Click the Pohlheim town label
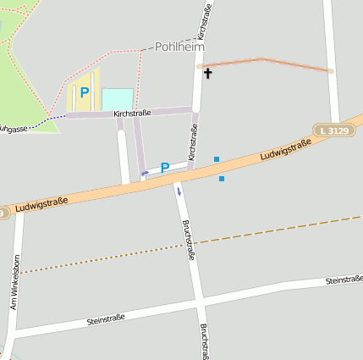click(180, 47)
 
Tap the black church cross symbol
click(208, 74)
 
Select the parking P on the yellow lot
click(84, 92)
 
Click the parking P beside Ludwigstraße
click(165, 168)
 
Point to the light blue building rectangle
click(118, 99)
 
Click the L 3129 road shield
click(336, 130)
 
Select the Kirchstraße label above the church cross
click(204, 21)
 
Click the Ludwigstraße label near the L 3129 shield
click(285, 150)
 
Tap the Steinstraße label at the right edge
click(344, 278)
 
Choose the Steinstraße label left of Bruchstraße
click(106, 318)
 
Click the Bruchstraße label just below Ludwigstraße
click(190, 240)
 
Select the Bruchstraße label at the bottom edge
click(204, 341)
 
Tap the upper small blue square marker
click(217, 158)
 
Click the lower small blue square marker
click(222, 178)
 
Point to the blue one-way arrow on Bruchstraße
click(179, 191)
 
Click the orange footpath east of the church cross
click(267, 63)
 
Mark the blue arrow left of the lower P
click(146, 172)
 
